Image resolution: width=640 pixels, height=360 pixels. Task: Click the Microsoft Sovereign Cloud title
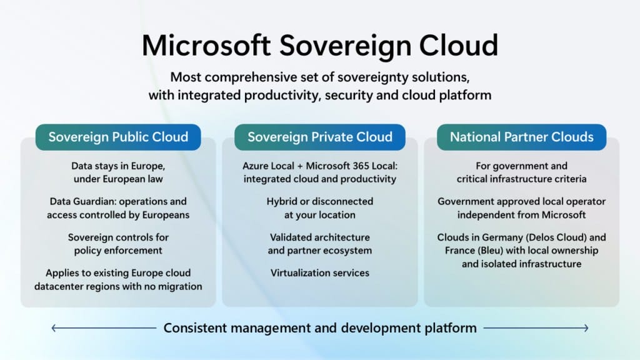(x=319, y=45)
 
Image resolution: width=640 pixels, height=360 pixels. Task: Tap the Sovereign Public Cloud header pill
(x=118, y=137)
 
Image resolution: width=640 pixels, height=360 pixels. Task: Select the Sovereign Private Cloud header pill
(x=319, y=137)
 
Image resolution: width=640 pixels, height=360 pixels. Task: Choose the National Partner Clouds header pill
(x=521, y=137)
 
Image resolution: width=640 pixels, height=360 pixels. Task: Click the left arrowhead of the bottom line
(x=54, y=327)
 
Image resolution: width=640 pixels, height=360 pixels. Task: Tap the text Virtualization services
(x=319, y=272)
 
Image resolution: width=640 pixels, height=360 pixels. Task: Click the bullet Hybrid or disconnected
(x=319, y=202)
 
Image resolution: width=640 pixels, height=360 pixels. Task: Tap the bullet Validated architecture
(x=319, y=237)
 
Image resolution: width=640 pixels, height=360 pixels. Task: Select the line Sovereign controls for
(x=118, y=237)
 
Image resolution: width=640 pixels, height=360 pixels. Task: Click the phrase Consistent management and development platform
(x=319, y=327)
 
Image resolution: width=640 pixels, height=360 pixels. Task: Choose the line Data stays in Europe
(x=118, y=166)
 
